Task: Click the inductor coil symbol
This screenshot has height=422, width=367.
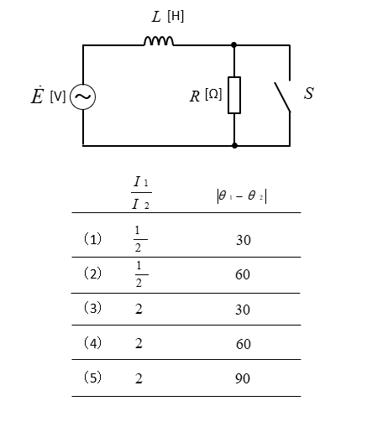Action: tap(159, 41)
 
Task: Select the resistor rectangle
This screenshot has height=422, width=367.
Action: tap(234, 95)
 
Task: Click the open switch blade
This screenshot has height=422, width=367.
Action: tap(282, 96)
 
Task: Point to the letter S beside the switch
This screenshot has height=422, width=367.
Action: tap(309, 93)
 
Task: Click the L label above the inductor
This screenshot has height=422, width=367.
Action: tap(156, 17)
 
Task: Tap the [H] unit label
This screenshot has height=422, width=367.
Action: tap(176, 17)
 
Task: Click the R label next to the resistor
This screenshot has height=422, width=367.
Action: tap(195, 96)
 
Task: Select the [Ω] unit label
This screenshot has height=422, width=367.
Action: tap(213, 94)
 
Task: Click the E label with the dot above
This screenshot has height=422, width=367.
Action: tap(38, 95)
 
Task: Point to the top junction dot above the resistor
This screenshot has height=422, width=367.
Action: tap(234, 44)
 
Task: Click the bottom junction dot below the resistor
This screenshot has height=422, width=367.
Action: tap(234, 145)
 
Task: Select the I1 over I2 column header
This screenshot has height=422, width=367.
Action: tap(141, 193)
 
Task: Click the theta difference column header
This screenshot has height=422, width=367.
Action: tap(242, 196)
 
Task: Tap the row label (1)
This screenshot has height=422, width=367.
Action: tap(92, 239)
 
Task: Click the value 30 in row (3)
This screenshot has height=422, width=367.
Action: tap(243, 310)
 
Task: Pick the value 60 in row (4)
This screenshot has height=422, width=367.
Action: tap(244, 344)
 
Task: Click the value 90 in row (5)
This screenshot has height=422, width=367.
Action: tap(243, 378)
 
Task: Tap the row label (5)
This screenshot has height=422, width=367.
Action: tap(92, 378)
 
